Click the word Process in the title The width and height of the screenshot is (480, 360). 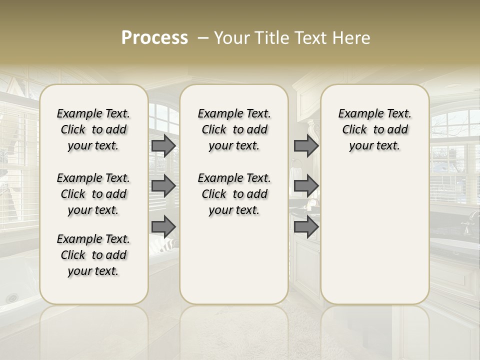point(154,38)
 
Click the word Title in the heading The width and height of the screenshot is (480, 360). point(272,38)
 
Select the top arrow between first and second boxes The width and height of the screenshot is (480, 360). point(163,146)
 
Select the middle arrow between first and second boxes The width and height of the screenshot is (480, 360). point(163,186)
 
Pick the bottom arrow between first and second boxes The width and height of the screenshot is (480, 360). point(163,227)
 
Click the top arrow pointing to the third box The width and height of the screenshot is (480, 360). point(306,146)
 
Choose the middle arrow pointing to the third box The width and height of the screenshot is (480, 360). point(306,186)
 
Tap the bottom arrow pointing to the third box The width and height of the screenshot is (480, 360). point(306,227)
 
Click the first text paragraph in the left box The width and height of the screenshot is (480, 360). point(93,129)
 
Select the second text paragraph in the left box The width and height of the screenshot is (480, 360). point(93,194)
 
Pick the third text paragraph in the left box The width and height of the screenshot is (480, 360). point(93,255)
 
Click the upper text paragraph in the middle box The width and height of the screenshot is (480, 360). point(234,129)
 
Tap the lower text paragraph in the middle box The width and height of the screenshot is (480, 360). point(234,194)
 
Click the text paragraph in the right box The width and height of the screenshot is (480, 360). point(374,129)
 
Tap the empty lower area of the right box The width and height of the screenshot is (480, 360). point(374,240)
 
